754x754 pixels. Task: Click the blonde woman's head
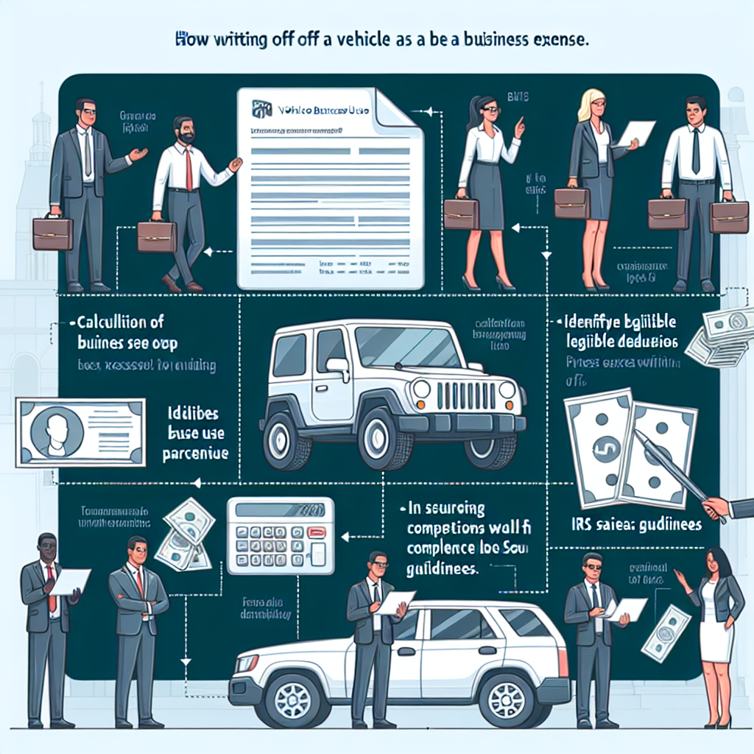[x=592, y=105]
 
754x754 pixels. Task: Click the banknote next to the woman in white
[x=666, y=633]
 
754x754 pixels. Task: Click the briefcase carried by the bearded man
[x=157, y=236]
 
